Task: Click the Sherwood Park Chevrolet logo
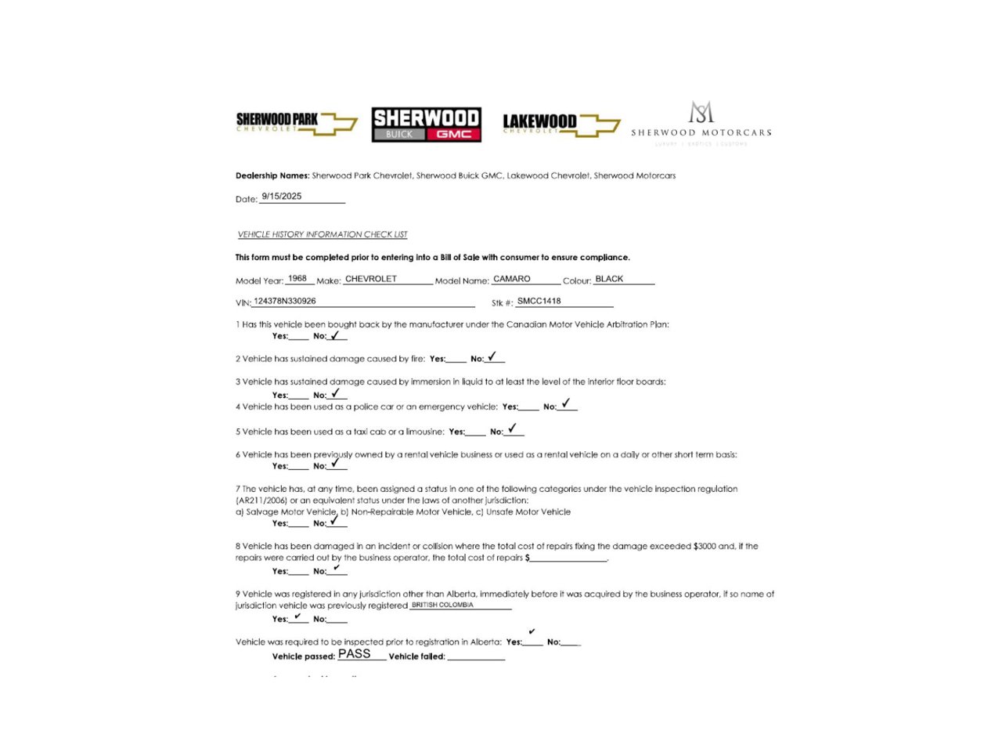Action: (x=296, y=123)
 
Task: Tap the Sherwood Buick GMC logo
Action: (x=426, y=125)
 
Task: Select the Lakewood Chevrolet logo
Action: (x=560, y=124)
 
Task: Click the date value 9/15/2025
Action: (x=282, y=197)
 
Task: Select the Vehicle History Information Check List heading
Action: (x=323, y=234)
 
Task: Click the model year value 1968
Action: (x=297, y=279)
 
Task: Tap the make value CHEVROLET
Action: (x=371, y=279)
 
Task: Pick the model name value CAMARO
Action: (x=512, y=279)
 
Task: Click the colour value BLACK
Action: (x=609, y=279)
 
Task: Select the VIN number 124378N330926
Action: (x=285, y=301)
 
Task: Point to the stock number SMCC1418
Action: (x=539, y=301)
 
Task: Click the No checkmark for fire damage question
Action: (x=492, y=356)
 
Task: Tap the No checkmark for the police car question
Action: (x=566, y=403)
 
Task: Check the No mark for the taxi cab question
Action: (x=512, y=428)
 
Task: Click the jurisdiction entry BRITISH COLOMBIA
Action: (x=442, y=605)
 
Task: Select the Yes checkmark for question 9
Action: (x=298, y=616)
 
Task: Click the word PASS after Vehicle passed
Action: (x=355, y=654)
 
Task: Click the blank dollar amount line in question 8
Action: (x=569, y=560)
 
